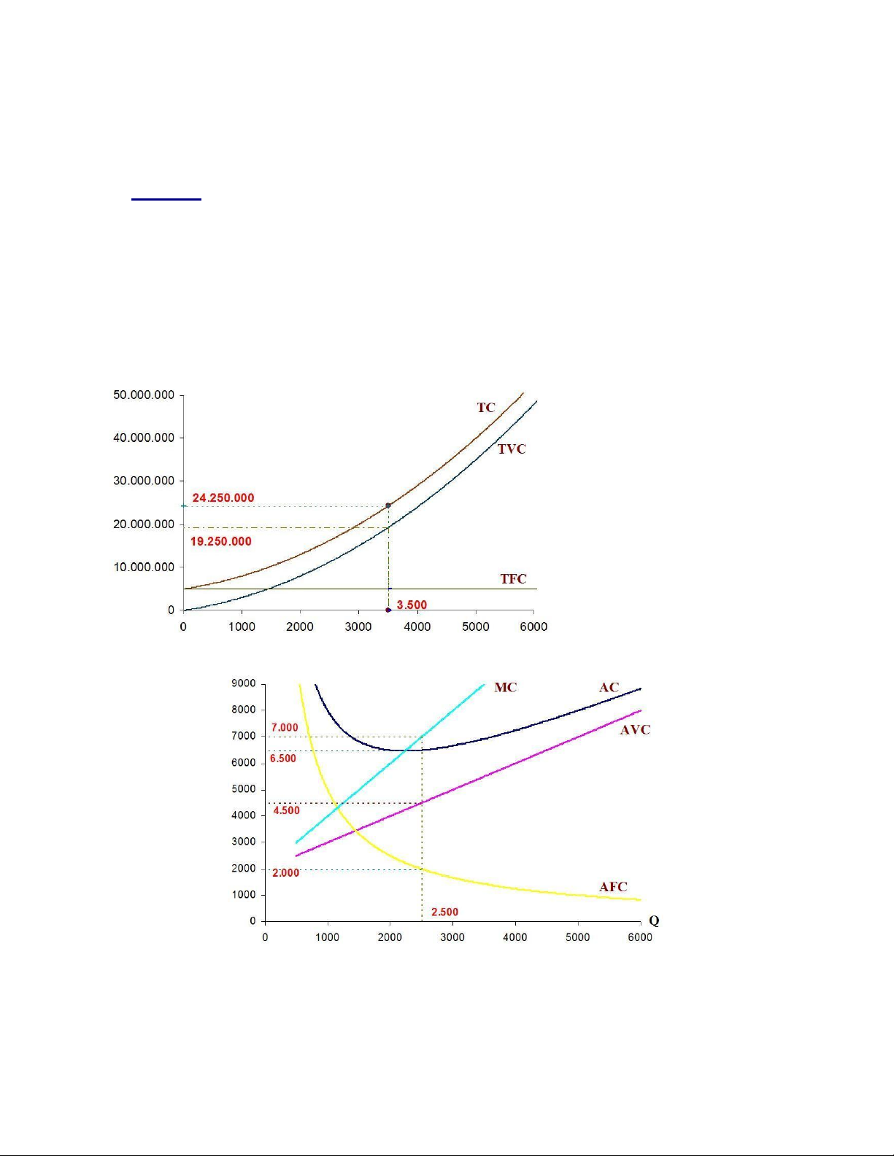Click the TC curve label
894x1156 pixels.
486,408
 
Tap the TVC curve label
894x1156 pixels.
512,449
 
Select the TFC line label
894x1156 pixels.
513,579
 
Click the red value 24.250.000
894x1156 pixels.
223,498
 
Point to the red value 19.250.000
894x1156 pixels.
220,542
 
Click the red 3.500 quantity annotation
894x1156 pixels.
412,605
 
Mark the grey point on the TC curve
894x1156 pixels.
388,505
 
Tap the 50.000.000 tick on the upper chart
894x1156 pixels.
144,395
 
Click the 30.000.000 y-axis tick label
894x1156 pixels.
144,481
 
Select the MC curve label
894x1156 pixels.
506,688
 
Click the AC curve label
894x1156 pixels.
609,688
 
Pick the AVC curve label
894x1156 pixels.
635,730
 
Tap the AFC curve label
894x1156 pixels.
613,887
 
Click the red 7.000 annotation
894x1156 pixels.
285,728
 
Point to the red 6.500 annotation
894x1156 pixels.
283,759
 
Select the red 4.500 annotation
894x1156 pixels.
286,810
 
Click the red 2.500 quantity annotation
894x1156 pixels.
444,912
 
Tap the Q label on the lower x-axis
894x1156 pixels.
654,920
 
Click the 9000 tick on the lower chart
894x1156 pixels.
244,684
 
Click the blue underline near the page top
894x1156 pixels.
166,198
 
